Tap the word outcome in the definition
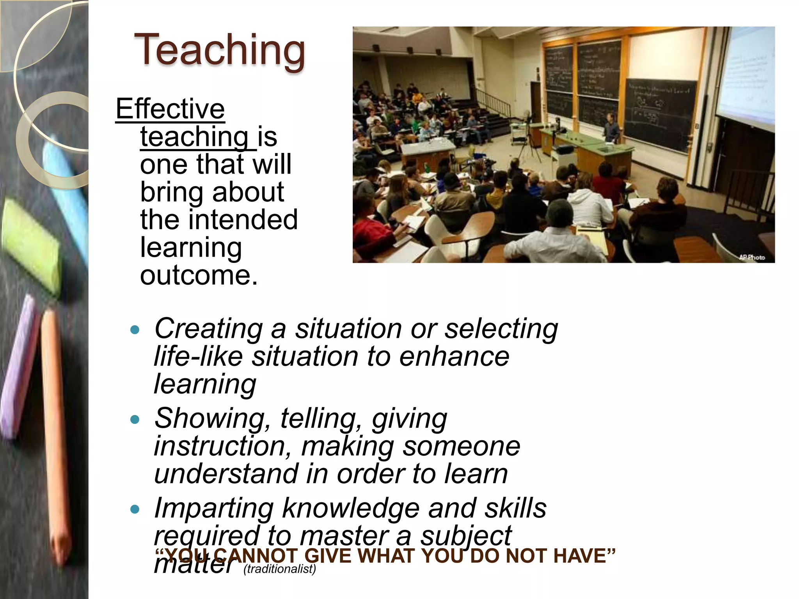click(199, 275)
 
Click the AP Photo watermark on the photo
click(752, 257)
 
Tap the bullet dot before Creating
click(135, 330)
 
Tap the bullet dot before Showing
click(135, 420)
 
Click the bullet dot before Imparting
click(135, 509)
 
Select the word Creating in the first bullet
click(208, 329)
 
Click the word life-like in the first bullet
click(198, 356)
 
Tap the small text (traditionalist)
click(280, 569)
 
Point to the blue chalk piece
click(66, 187)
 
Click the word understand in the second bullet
click(226, 474)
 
